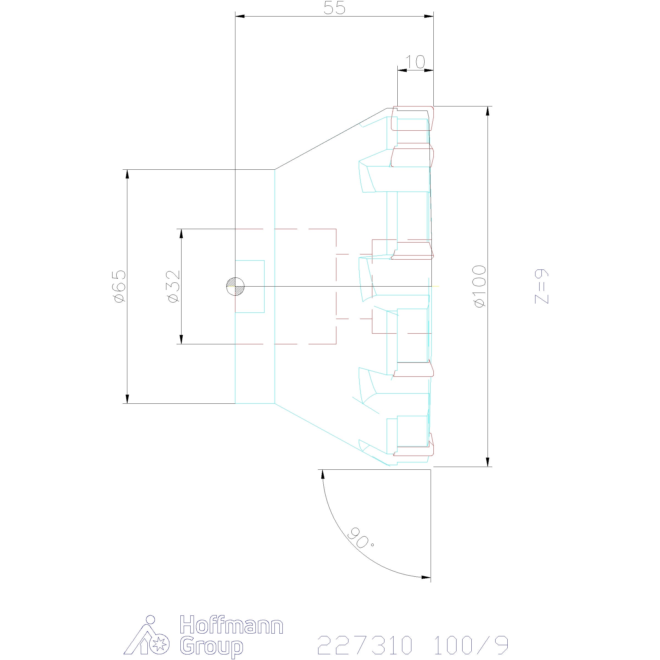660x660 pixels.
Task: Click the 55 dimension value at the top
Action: pos(334,8)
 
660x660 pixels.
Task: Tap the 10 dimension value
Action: pos(415,62)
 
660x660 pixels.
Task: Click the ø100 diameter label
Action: pos(480,286)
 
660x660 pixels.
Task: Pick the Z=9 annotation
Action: pos(541,286)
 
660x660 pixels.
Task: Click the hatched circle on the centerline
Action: pos(235,286)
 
